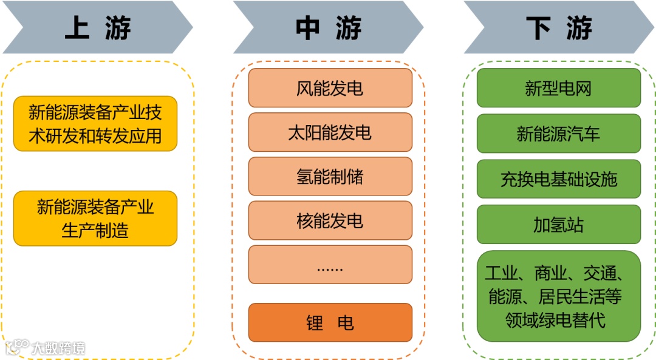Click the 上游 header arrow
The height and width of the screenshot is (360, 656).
[97, 28]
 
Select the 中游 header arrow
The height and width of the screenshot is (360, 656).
[328, 28]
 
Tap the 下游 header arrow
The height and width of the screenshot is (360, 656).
[559, 28]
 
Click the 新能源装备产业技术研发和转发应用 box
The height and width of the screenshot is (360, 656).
[95, 123]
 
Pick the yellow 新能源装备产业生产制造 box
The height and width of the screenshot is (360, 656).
[95, 219]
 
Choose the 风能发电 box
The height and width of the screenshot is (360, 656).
[330, 89]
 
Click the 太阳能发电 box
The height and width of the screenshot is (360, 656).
[330, 133]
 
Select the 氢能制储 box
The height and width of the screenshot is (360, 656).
[330, 177]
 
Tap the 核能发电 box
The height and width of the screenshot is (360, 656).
[330, 221]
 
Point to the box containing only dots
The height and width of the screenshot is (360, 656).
[330, 265]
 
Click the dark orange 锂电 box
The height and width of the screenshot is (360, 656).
[330, 322]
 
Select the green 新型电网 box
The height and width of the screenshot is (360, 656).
[558, 88]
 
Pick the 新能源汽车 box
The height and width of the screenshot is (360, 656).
[558, 134]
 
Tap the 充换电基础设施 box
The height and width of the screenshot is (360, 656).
[558, 179]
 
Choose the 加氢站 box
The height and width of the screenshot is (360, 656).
[558, 225]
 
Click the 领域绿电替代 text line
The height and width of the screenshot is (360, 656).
[556, 320]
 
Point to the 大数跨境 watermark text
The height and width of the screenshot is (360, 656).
[58, 348]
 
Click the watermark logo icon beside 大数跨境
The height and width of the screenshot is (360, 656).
[17, 347]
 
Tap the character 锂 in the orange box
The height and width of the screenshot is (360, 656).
[314, 323]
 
